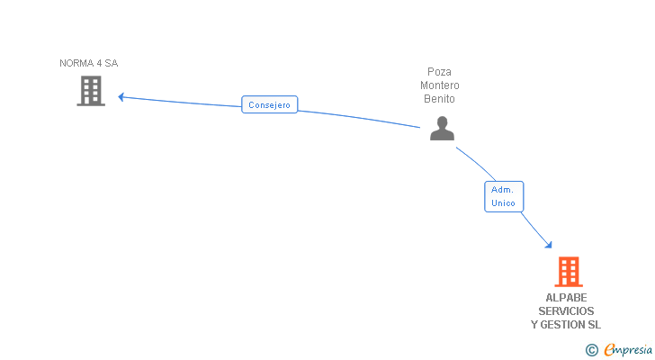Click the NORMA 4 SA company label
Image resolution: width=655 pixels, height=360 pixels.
[x=88, y=63]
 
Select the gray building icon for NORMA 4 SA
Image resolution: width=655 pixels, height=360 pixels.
[x=91, y=91]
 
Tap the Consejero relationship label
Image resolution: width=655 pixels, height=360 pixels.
[x=270, y=104]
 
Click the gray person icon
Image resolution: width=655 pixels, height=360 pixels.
[x=442, y=129]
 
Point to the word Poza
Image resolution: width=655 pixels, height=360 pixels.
[x=440, y=72]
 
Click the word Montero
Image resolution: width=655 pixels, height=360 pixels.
[x=440, y=85]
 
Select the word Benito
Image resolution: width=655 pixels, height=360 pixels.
[x=440, y=99]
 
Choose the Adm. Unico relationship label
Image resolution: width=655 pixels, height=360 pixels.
[x=504, y=196]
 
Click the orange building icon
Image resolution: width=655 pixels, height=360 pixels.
[x=568, y=272]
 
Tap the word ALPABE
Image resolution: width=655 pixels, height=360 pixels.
[x=566, y=298]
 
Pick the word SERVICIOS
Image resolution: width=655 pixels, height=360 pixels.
[x=566, y=311]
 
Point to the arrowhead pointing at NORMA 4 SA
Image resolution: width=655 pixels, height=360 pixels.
[x=121, y=96]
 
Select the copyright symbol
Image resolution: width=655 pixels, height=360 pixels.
[x=591, y=350]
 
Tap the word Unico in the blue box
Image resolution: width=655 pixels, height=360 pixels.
[x=504, y=203]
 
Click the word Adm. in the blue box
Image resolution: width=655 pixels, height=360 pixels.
[x=503, y=190]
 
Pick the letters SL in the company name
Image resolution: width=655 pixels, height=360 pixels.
[x=594, y=325]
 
